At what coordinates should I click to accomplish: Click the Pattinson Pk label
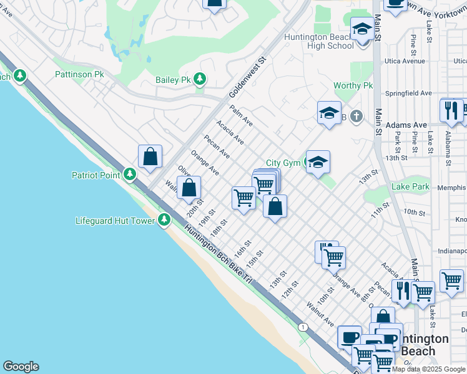point(79,74)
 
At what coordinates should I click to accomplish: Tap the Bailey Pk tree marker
point(200,79)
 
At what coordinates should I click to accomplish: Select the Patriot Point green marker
point(130,175)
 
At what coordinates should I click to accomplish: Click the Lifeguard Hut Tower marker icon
point(164,219)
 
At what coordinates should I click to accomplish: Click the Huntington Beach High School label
point(318,41)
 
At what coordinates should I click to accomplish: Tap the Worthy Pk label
point(353,85)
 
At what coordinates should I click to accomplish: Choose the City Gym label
point(283,163)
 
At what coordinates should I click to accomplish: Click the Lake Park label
point(410,186)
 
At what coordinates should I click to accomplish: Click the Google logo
point(21,367)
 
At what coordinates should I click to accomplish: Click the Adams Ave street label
point(406,125)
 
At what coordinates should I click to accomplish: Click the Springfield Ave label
point(409,93)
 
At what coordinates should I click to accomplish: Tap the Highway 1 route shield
point(303,327)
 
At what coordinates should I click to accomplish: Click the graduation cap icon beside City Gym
point(318,163)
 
